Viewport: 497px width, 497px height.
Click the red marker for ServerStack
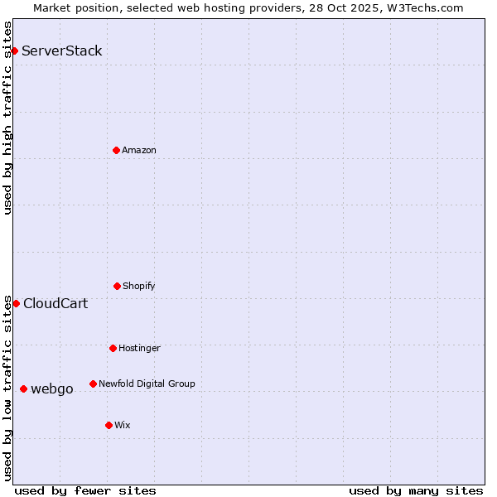click(x=14, y=51)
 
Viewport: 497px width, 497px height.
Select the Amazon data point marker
click(x=116, y=150)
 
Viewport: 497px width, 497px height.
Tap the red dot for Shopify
click(x=117, y=286)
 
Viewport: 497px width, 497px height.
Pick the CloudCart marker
click(x=16, y=303)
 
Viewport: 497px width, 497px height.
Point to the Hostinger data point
click(x=113, y=348)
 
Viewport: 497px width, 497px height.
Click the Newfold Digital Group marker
click(x=93, y=384)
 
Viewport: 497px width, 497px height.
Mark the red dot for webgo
click(x=23, y=388)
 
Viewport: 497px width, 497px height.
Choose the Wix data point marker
click(x=109, y=425)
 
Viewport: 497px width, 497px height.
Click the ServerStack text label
click(x=62, y=51)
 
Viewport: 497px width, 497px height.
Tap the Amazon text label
click(x=139, y=150)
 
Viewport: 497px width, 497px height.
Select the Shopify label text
click(x=139, y=286)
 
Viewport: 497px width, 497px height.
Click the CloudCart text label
click(x=55, y=303)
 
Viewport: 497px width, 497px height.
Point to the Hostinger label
click(x=139, y=348)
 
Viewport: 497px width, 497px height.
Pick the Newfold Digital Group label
click(x=147, y=384)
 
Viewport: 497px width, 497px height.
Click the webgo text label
click(x=52, y=388)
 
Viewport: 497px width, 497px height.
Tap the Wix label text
click(x=123, y=425)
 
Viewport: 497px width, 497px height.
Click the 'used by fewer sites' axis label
click(x=85, y=490)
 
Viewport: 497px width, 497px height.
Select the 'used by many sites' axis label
click(x=416, y=490)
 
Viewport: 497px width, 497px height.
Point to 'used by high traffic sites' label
click(x=7, y=118)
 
